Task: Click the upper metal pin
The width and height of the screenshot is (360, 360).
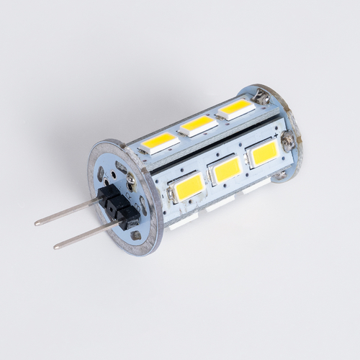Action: coord(68,211)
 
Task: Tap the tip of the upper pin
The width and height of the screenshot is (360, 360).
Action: coord(37,223)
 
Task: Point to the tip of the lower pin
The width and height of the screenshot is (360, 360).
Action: coord(56,246)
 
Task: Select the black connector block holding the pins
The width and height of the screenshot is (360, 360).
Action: coord(119,204)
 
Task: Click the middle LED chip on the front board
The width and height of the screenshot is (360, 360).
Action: coord(227,170)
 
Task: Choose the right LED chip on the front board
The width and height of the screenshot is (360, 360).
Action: coord(264,152)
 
